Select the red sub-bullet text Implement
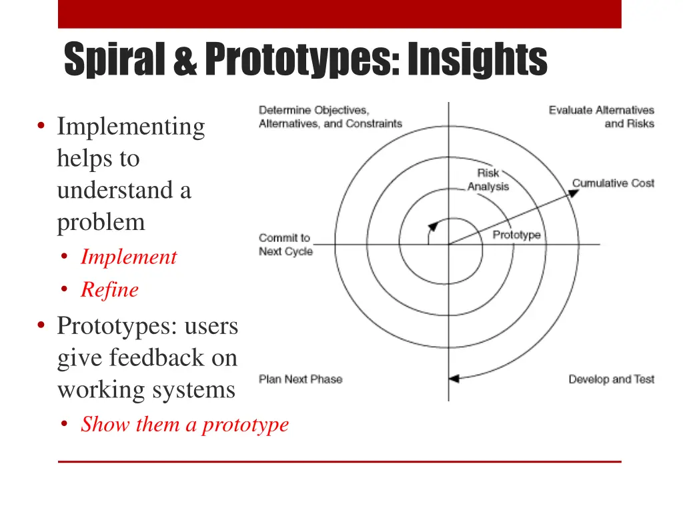coord(129,257)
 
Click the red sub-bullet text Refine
coord(109,290)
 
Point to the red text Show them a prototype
coord(185,425)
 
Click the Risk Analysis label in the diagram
coord(488,180)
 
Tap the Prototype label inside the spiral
coord(516,235)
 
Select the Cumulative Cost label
coord(613,183)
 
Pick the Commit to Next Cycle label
coord(285,245)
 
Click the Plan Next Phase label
coord(300,379)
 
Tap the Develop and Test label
coord(611,379)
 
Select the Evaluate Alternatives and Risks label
coord(602,117)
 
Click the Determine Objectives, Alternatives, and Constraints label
coord(330,117)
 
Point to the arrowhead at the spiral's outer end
coord(454,379)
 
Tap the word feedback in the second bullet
coord(157,358)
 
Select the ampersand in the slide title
coord(187,60)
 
